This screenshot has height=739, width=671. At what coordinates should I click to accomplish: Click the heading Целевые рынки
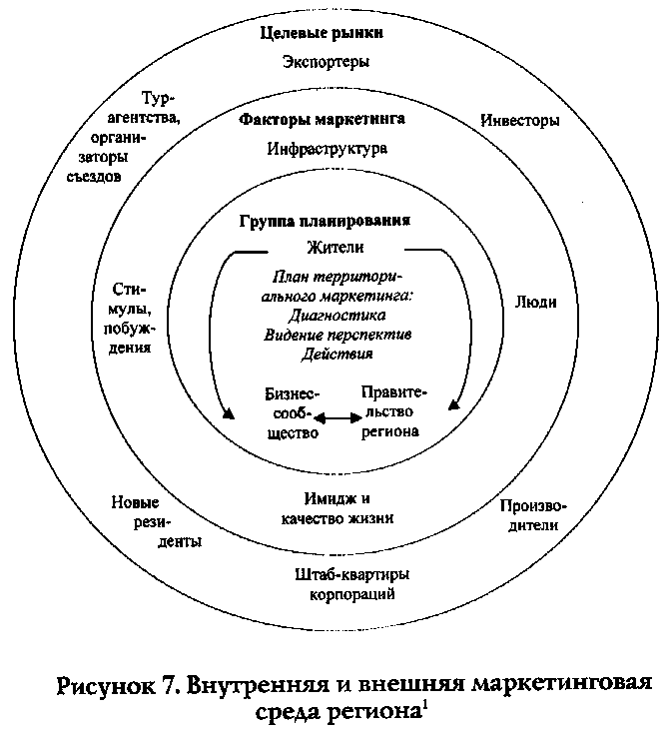pos(323,34)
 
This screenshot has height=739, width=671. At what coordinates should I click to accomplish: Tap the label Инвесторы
pos(519,121)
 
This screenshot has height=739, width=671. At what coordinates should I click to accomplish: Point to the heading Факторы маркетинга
pos(322,120)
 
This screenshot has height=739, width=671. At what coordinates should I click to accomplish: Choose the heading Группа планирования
pos(326,221)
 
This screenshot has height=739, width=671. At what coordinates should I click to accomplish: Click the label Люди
pos(535,303)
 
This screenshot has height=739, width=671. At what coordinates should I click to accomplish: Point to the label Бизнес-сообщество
pos(292,413)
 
